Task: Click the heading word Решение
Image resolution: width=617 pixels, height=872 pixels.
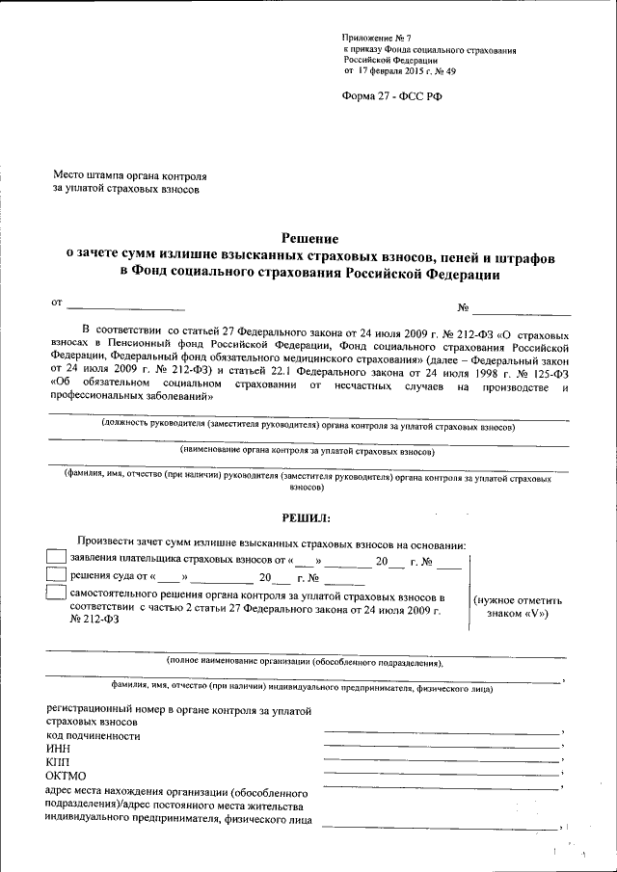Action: click(309, 238)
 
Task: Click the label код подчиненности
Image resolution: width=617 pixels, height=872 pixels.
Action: click(93, 736)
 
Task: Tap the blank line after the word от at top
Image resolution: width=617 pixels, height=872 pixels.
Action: click(125, 309)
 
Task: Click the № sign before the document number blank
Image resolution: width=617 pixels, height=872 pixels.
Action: click(464, 309)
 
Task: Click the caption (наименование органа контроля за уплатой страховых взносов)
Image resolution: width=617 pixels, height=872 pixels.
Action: click(308, 451)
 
